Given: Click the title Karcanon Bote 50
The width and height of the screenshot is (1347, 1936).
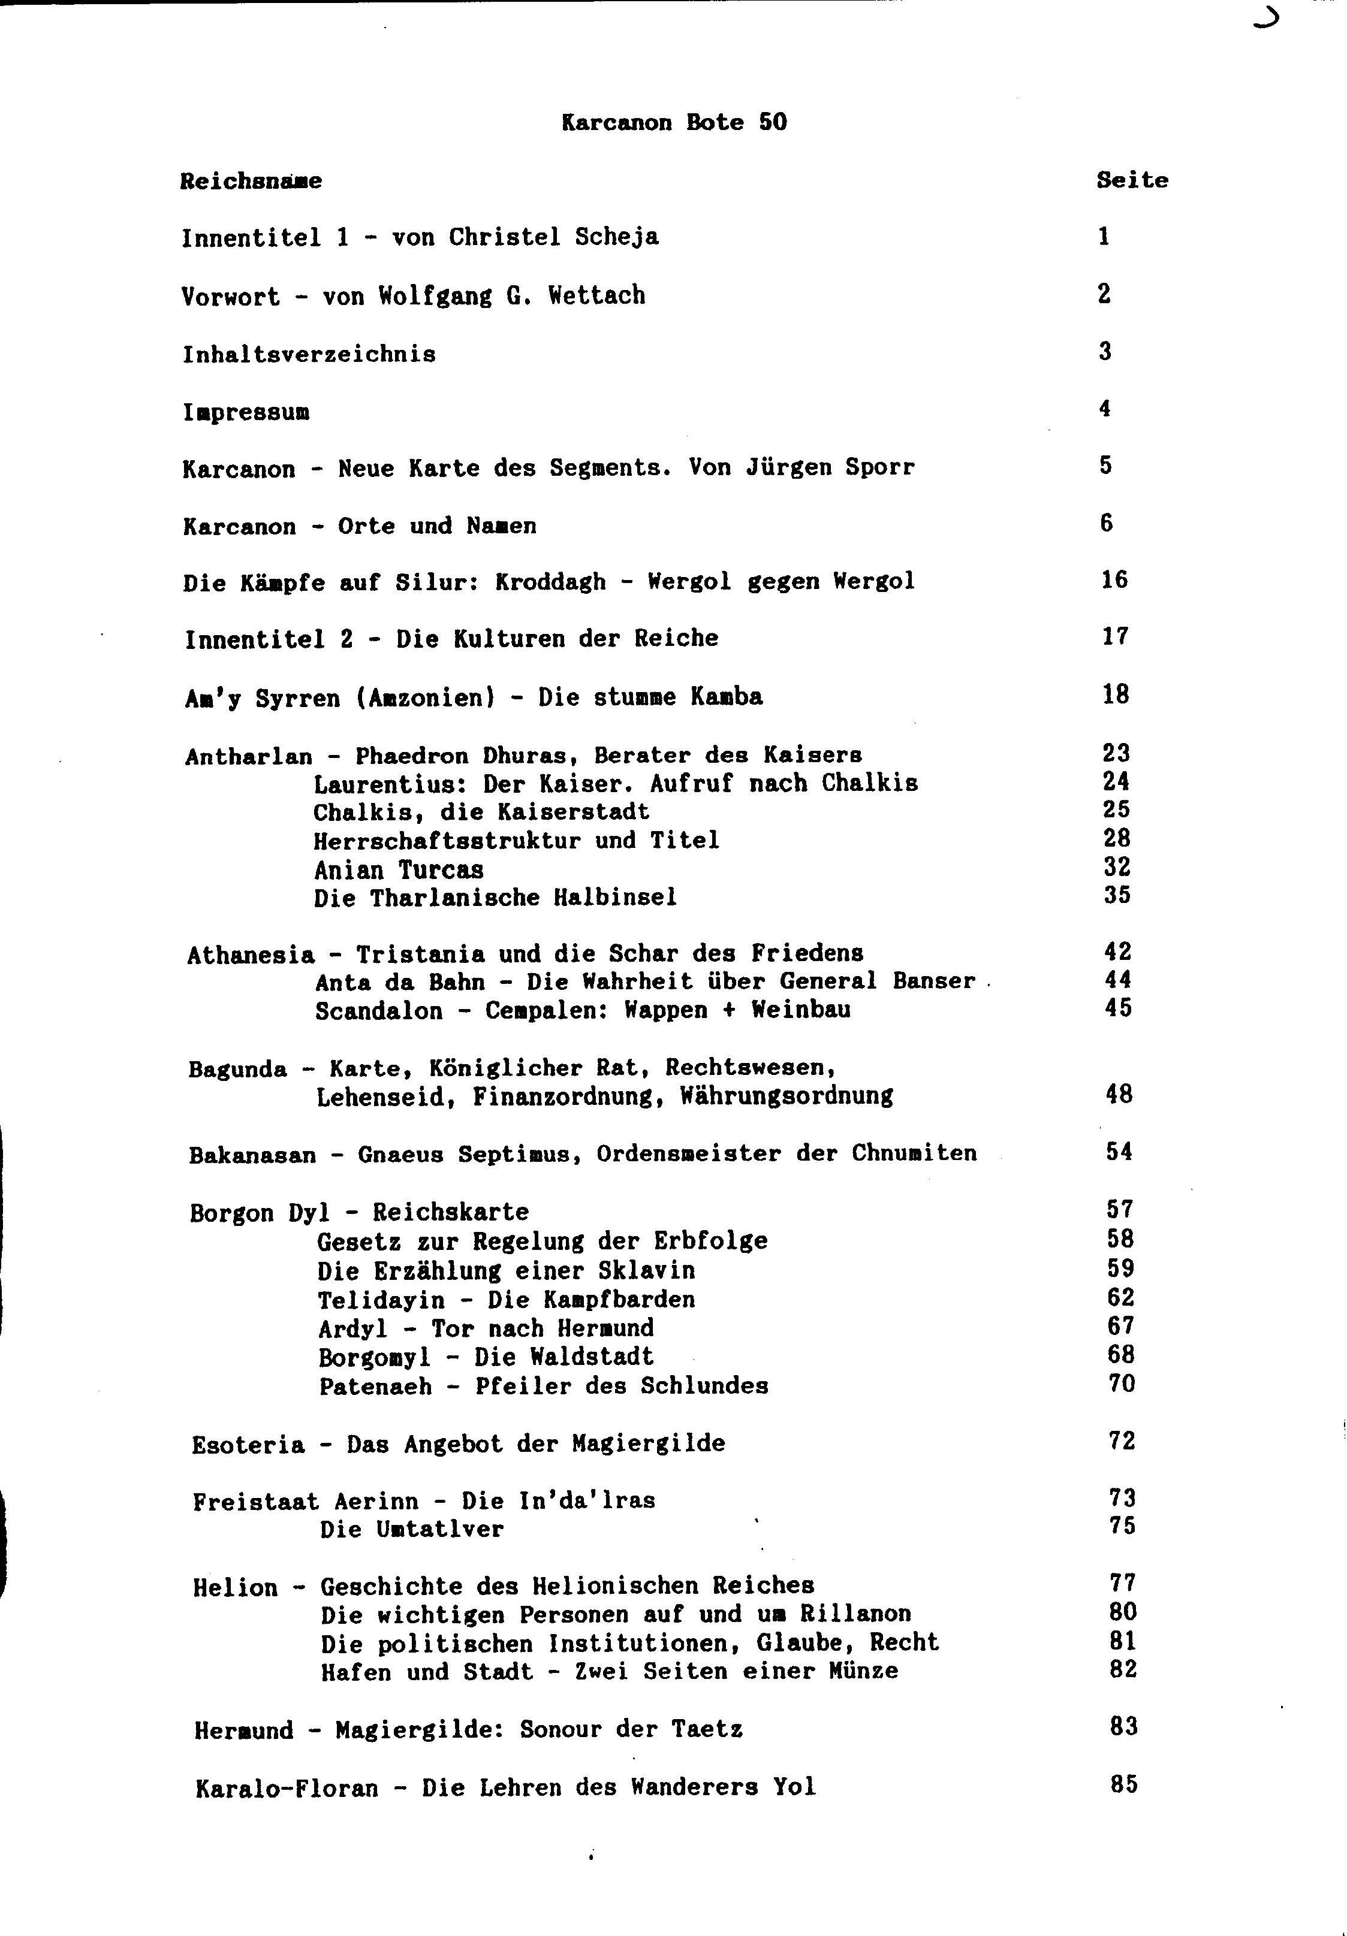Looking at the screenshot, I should [x=673, y=122].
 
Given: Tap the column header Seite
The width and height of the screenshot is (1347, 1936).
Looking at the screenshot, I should [x=1131, y=180].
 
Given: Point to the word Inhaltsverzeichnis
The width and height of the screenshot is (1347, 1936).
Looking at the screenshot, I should [x=309, y=354].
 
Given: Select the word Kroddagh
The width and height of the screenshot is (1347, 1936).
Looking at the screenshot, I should [x=550, y=582].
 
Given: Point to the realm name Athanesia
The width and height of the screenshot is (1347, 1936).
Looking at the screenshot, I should [x=251, y=955].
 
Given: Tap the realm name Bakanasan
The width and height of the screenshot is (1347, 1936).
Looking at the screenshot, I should [x=252, y=1154].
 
